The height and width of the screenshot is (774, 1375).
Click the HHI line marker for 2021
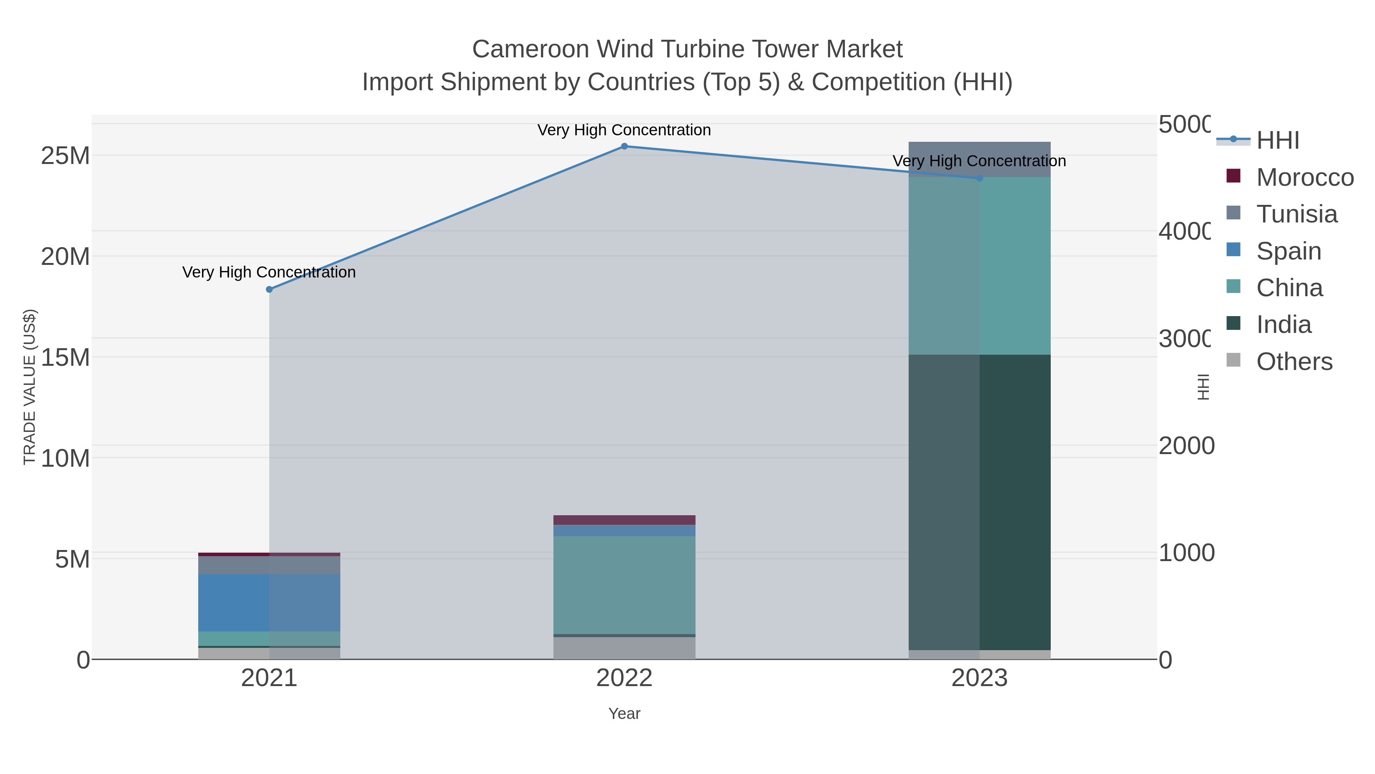click(x=269, y=289)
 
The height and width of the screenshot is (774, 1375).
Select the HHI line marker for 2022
click(x=624, y=146)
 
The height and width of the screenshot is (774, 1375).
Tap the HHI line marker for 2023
click(x=979, y=178)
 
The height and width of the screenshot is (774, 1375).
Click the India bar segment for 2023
click(x=979, y=502)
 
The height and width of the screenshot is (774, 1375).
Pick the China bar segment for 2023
click(x=979, y=266)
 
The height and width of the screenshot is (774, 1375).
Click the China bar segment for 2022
click(x=624, y=585)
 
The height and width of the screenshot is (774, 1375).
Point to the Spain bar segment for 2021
click(x=269, y=602)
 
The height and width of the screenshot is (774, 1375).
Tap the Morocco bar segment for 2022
click(x=624, y=520)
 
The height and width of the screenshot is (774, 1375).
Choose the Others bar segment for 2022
click(x=624, y=648)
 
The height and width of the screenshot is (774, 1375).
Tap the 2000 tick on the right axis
click(x=1185, y=446)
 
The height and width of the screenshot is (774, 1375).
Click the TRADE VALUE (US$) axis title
click(x=30, y=387)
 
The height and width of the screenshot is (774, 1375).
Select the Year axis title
click(x=624, y=714)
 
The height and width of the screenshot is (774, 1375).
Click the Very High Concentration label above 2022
click(x=624, y=130)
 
